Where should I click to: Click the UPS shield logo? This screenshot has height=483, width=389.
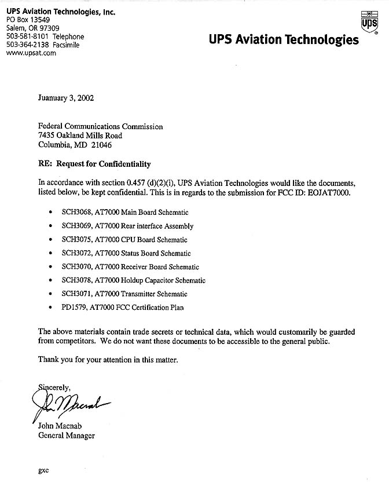coord(366,22)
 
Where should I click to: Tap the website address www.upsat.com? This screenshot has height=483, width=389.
coord(31,53)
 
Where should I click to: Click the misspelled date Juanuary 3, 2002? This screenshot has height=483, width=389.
coord(65,98)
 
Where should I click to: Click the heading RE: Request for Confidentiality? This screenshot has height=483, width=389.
coord(94,164)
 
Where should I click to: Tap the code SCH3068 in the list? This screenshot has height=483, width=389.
coord(75,213)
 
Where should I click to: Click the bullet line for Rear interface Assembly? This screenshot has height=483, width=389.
coord(127,226)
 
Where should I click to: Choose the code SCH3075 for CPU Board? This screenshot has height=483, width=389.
coord(75,240)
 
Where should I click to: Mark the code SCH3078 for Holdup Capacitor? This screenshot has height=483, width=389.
coord(75,280)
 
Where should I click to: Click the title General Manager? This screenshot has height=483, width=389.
coord(65,436)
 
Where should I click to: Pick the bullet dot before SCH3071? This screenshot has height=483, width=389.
coord(52,294)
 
